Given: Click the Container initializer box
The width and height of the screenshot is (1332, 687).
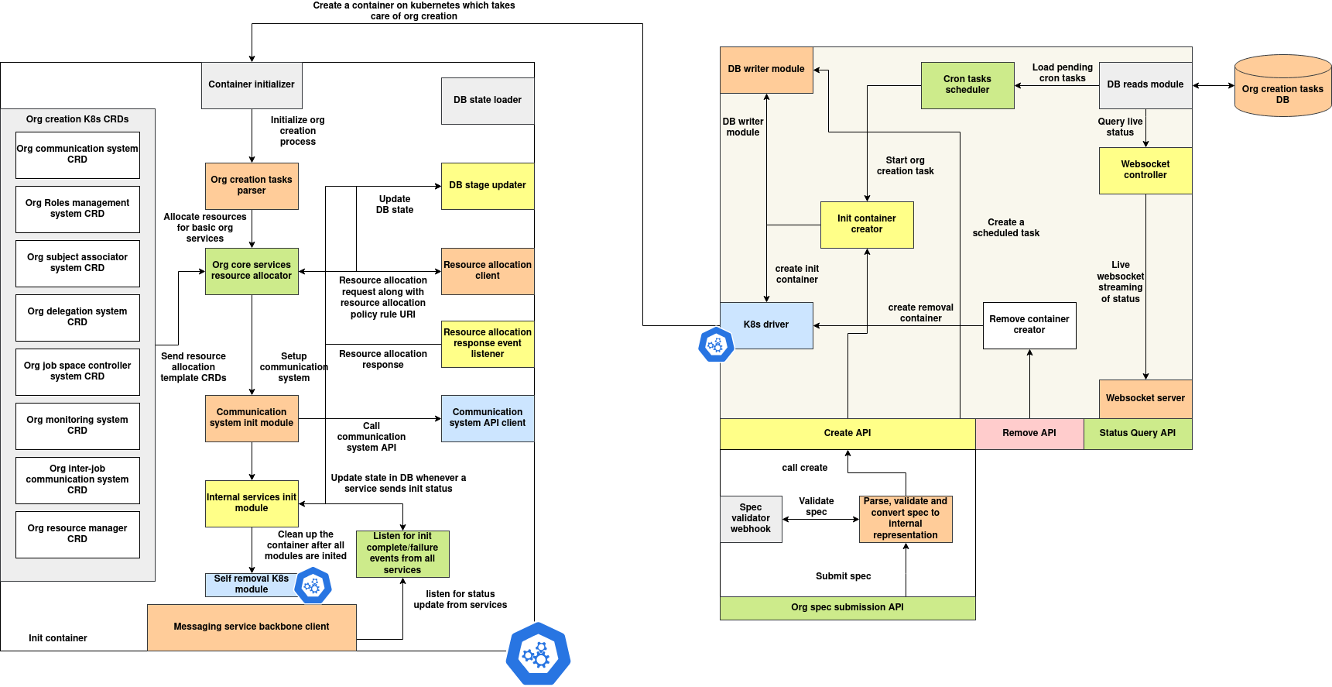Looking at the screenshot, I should tap(252, 85).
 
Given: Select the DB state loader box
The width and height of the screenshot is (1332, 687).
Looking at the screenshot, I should tap(488, 101).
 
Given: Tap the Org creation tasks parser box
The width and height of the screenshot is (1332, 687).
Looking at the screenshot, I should tap(252, 186).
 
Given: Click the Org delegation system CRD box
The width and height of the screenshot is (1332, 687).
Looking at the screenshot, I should tap(77, 318).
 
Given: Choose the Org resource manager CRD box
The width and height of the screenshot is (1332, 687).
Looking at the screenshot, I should tap(77, 534).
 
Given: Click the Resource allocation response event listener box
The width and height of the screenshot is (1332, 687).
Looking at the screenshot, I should tap(488, 343).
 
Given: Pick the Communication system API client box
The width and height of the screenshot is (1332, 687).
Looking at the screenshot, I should tap(488, 418).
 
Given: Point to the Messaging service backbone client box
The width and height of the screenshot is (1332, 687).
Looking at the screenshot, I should tap(252, 627).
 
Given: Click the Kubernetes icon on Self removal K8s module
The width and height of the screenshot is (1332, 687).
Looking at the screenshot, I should tap(313, 586).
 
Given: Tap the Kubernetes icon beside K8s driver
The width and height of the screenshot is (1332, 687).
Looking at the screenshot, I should tap(716, 345).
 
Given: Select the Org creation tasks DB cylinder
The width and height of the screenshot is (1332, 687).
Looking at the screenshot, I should tap(1282, 87).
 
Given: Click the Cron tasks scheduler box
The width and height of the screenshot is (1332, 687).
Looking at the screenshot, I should tap(967, 85).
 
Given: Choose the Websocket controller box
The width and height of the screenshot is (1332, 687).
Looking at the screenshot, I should tap(1145, 170).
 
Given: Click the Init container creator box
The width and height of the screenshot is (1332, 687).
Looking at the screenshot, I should tap(867, 225).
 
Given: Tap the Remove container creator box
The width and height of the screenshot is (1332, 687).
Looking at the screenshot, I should tap(1029, 325).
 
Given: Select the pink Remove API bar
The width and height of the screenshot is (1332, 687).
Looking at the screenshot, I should tap(1029, 434).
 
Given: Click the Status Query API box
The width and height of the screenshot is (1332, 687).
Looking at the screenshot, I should tap(1138, 434).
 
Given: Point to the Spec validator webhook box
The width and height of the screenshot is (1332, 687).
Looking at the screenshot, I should tap(751, 519).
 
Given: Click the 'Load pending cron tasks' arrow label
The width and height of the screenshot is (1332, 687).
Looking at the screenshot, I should tap(1062, 73).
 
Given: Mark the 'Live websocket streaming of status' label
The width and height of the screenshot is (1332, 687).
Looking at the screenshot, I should tap(1120, 282).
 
